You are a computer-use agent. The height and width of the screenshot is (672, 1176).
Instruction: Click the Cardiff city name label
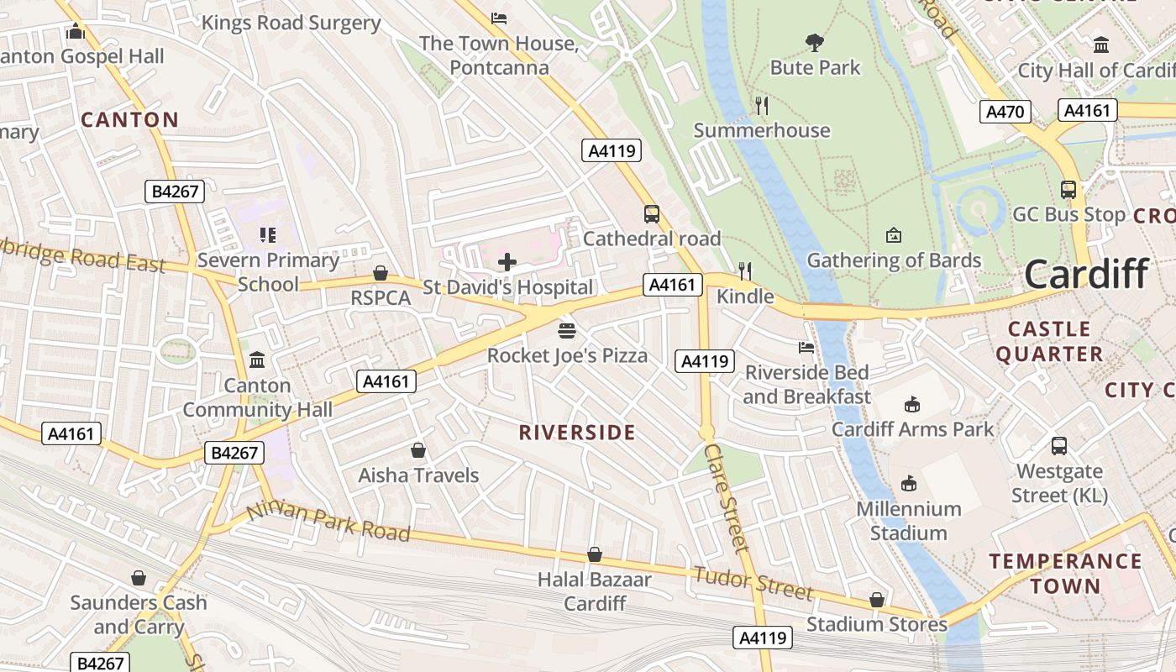1086,275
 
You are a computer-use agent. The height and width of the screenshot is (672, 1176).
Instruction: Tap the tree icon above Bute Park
814,42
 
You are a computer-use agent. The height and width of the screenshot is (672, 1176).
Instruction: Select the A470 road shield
1004,111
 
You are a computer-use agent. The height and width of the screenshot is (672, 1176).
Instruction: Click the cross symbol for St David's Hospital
507,262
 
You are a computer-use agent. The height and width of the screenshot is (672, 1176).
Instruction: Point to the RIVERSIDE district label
576,433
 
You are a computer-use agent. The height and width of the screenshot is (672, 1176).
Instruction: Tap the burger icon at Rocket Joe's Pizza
567,330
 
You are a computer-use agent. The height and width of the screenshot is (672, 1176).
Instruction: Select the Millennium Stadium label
908,521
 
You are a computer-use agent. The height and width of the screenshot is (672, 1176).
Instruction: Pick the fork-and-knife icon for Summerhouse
762,105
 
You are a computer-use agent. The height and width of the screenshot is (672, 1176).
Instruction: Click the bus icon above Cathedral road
651,213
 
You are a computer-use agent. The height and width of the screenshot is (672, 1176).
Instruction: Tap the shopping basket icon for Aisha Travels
418,451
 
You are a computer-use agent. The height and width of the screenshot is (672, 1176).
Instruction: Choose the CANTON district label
129,119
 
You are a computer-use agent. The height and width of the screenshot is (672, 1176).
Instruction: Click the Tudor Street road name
753,583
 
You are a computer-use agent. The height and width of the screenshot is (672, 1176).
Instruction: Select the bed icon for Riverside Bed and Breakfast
806,347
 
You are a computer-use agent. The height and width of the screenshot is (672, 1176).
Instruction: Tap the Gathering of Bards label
894,260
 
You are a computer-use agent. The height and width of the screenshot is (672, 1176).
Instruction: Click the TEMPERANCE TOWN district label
1065,573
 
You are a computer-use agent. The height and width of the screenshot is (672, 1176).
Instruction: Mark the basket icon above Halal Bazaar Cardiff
595,554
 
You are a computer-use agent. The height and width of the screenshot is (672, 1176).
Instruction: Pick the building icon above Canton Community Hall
257,360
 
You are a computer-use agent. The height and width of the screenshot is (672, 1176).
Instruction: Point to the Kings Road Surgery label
291,23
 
